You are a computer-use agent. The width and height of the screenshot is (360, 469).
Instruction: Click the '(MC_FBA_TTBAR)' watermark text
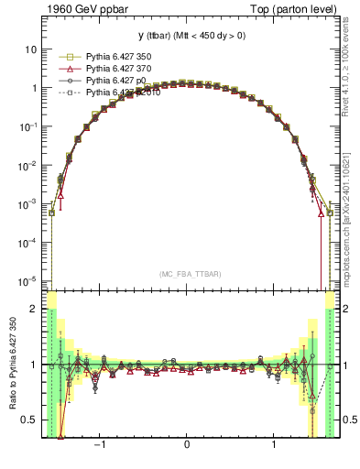[x=187, y=274]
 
